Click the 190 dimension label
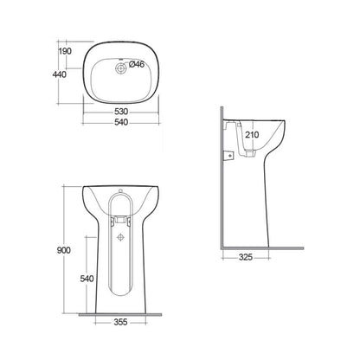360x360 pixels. click(65, 51)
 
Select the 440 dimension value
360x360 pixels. click(60, 74)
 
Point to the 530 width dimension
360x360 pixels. click(121, 112)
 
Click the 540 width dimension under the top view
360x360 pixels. click(121, 122)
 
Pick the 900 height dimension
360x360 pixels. click(63, 250)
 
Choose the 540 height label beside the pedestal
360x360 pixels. click(87, 279)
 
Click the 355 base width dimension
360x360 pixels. click(120, 322)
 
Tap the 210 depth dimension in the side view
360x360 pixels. click(252, 134)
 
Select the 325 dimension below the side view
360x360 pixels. click(246, 257)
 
